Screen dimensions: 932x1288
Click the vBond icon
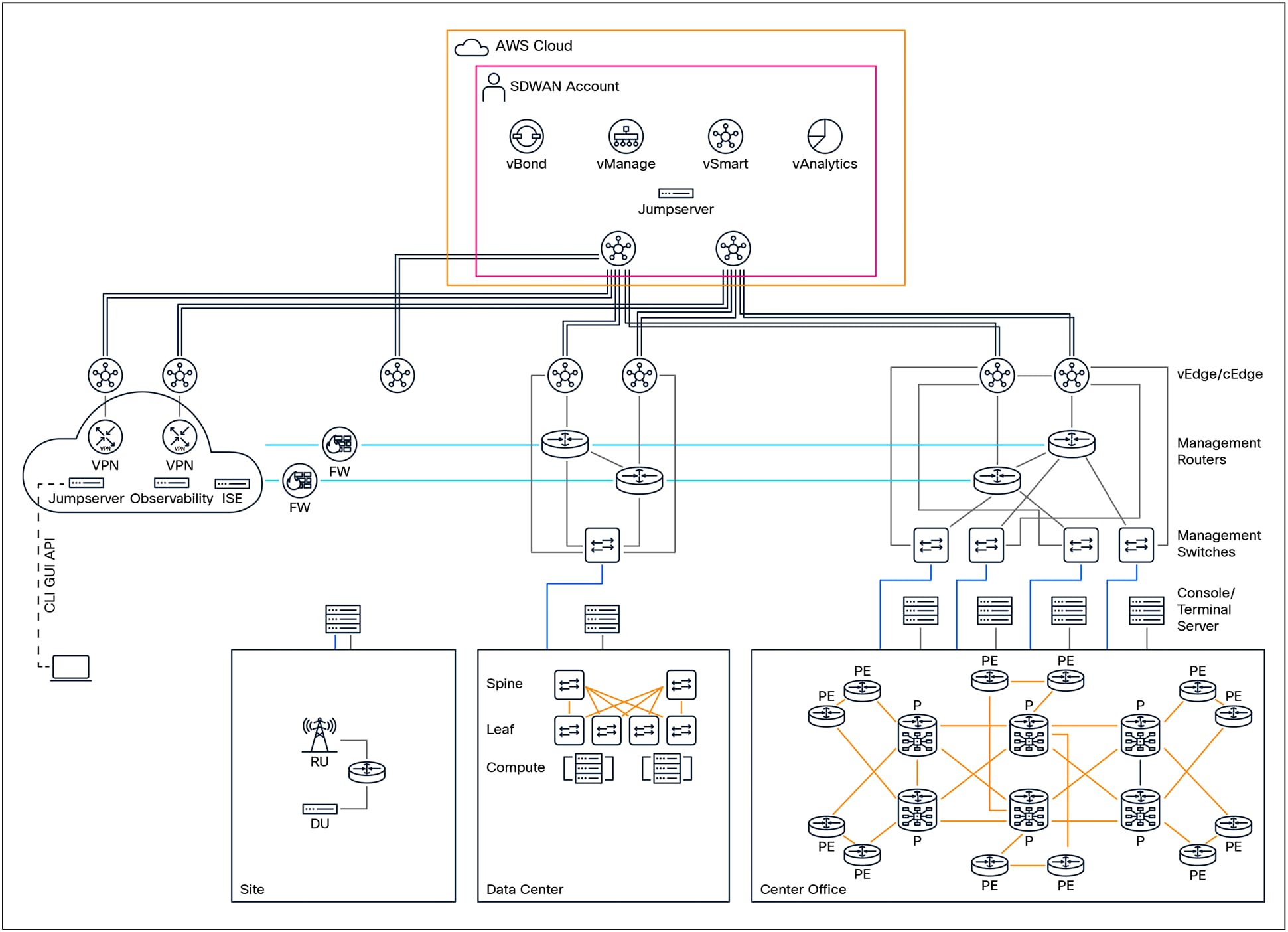pos(526,137)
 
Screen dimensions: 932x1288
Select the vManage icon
pos(626,137)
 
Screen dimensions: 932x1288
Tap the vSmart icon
pos(725,137)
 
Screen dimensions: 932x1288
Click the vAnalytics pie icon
pos(824,137)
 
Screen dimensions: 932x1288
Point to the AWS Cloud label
pos(534,46)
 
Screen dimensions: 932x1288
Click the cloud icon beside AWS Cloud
pos(471,47)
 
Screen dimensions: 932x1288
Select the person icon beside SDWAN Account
pos(493,87)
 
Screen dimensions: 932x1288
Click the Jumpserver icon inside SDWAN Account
pos(676,193)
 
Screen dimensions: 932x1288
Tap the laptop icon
pos(71,667)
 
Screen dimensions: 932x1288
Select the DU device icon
pos(320,809)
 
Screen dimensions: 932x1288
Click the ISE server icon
pos(232,483)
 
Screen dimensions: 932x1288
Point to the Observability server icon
pos(171,483)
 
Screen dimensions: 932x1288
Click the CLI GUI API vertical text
pos(50,575)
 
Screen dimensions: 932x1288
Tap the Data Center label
pos(524,889)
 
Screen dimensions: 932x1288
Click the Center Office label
pos(803,889)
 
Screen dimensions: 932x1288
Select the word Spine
pos(504,683)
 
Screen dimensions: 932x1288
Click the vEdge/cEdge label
pos(1219,374)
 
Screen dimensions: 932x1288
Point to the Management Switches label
pos(1218,543)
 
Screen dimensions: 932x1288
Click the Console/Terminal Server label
pos(1204,609)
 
